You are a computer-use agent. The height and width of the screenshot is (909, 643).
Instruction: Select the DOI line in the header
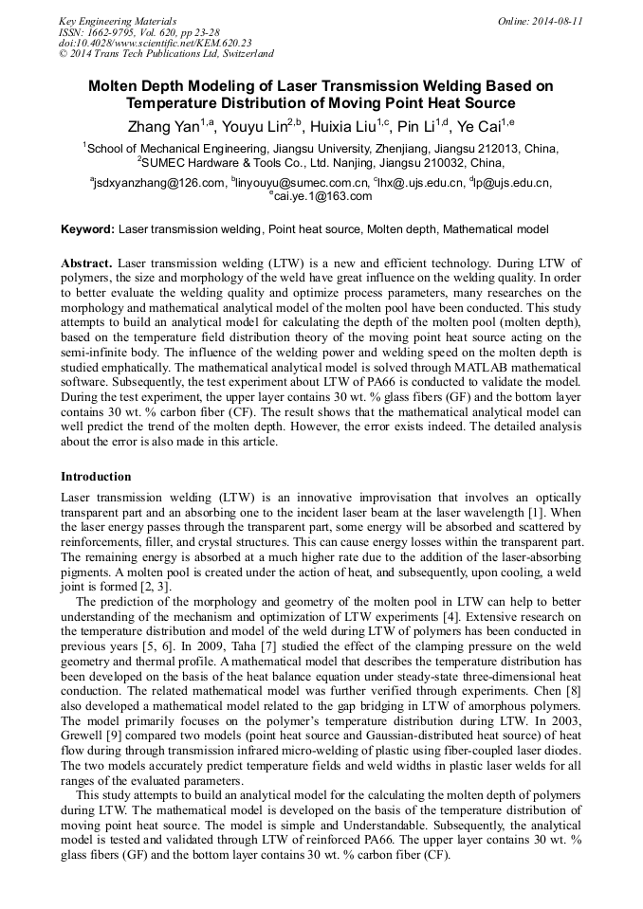pyautogui.click(x=156, y=44)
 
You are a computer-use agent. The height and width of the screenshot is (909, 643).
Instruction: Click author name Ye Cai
pyautogui.click(x=480, y=125)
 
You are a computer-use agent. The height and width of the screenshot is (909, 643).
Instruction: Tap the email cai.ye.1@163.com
pyautogui.click(x=323, y=196)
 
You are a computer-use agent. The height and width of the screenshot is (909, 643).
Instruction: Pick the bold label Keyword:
pyautogui.click(x=87, y=229)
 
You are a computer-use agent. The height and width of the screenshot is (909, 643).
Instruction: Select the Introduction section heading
pyautogui.click(x=96, y=477)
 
